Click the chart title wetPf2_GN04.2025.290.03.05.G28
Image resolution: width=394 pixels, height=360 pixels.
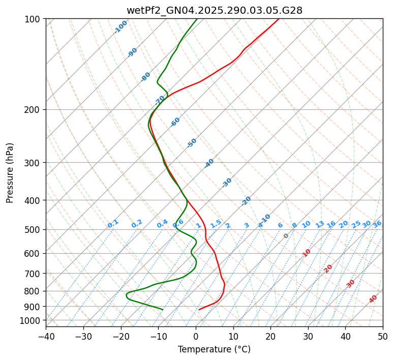pos(214,10)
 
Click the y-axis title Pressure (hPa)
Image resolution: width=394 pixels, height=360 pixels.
pos(10,173)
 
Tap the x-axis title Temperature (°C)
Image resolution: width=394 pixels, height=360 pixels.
pos(214,349)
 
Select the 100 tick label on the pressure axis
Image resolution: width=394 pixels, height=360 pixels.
pos(33,19)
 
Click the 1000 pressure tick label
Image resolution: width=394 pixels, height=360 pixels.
pos(31,320)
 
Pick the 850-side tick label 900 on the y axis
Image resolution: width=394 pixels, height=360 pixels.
pos(33,306)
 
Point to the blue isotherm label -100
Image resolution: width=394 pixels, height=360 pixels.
pos(120,27)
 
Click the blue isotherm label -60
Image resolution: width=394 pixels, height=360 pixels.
pos(175,122)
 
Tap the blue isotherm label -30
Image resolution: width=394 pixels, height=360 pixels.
pos(227,183)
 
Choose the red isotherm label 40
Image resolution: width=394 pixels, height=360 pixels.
pos(373,299)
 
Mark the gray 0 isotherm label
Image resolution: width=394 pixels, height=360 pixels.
pos(286,236)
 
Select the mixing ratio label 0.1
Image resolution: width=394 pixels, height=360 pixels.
pos(113,223)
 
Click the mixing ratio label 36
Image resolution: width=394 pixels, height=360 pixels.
pos(377,224)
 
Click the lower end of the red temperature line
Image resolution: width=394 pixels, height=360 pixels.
pos(199,309)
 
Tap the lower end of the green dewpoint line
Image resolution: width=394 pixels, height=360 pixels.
pos(163,309)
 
